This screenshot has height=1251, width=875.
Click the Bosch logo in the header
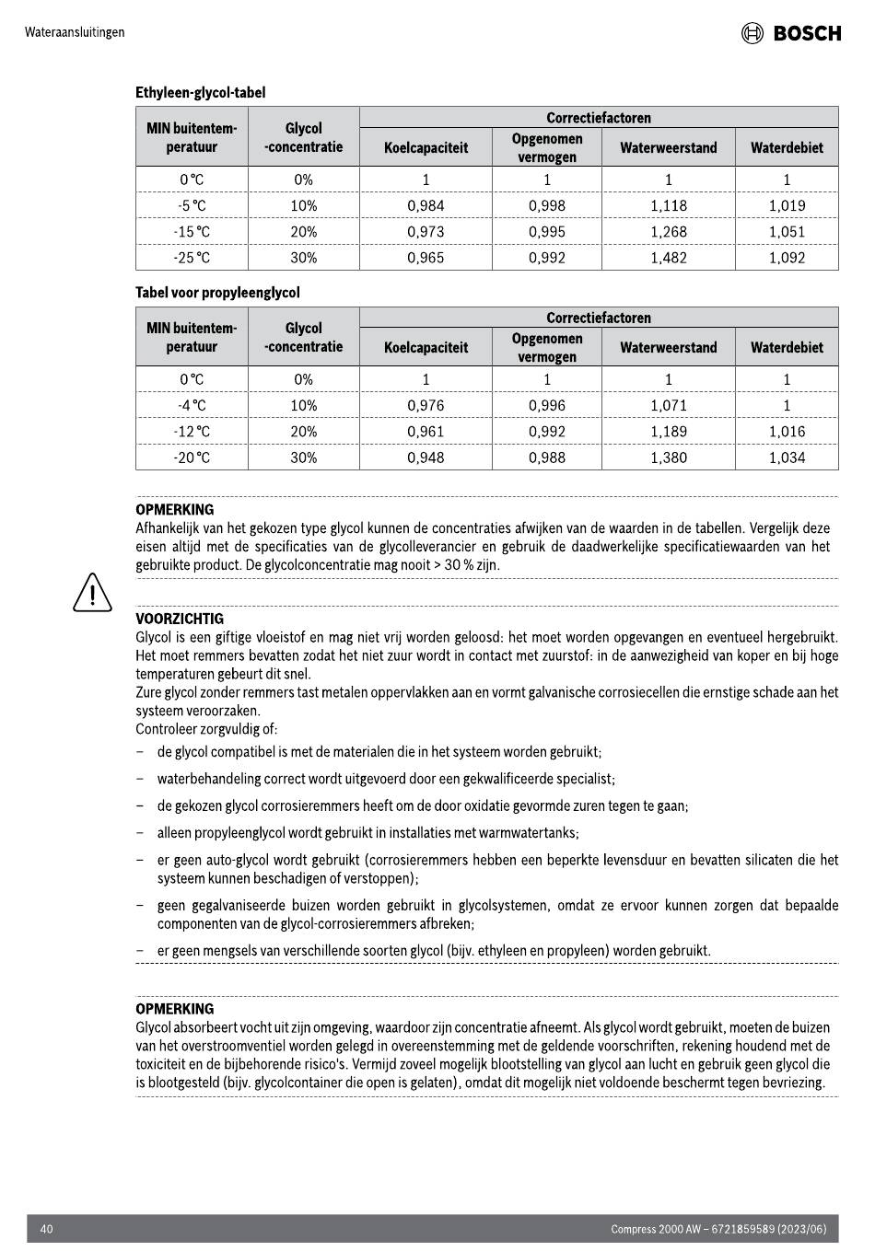(x=791, y=33)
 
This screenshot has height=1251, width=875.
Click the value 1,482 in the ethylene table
(x=668, y=258)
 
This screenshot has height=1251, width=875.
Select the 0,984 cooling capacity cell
(x=426, y=206)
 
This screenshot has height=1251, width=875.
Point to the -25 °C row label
(x=192, y=258)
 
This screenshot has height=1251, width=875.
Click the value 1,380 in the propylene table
(x=668, y=458)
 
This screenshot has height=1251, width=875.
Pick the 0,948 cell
(x=426, y=458)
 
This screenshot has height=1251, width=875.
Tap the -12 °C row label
(x=192, y=432)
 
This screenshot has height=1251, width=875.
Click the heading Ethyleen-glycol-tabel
(x=201, y=93)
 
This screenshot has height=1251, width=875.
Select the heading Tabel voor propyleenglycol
(x=217, y=293)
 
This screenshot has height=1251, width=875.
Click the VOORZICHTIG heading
(x=180, y=619)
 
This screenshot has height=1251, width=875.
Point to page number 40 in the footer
(x=47, y=1229)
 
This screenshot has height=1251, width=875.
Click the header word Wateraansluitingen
(x=75, y=32)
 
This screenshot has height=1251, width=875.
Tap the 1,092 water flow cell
(x=787, y=258)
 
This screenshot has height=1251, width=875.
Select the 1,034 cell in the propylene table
(x=787, y=458)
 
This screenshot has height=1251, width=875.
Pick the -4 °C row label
(x=192, y=406)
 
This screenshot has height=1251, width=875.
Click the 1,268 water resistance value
(x=668, y=232)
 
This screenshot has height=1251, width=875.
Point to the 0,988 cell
(x=546, y=458)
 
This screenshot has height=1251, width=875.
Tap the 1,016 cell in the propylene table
(x=787, y=432)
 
